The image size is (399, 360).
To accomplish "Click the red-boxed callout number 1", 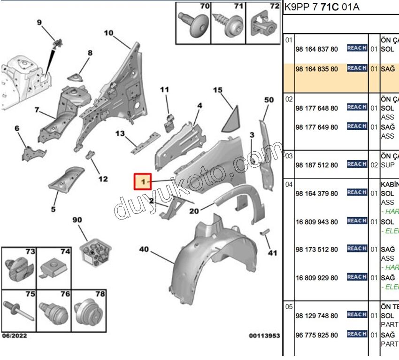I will (x=143, y=181).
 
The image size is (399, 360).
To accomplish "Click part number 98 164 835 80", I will (x=316, y=69).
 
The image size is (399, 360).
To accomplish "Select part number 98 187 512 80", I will (x=316, y=165).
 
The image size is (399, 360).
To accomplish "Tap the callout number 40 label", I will (x=144, y=249).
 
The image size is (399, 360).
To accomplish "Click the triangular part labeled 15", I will (x=230, y=117).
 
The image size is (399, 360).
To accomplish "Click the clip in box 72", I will (x=263, y=24).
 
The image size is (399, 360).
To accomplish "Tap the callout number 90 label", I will (x=77, y=219).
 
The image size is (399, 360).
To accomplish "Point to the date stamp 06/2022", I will (x=14, y=336).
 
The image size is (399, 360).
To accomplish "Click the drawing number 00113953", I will (x=264, y=336).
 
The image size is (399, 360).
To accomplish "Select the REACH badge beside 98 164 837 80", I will (x=357, y=48).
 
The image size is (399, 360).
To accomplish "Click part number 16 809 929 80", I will (x=316, y=278).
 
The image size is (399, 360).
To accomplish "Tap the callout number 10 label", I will (x=108, y=33).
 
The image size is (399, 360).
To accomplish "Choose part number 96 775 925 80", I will (x=316, y=335).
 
